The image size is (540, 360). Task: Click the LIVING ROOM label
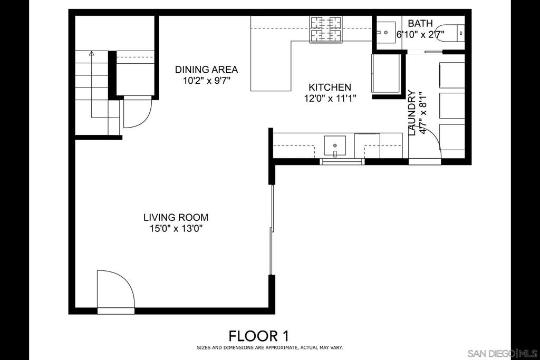pos(176,218)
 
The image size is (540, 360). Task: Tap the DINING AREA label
pos(206,70)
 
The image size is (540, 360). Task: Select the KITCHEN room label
pos(330,87)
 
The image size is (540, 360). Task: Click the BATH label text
pos(420,23)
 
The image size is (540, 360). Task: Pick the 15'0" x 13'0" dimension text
pos(176,229)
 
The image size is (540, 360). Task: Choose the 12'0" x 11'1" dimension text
pos(330,99)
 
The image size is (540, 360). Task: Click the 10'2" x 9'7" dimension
pos(206,81)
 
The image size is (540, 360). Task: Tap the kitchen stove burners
pos(326,30)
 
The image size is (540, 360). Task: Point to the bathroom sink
pos(385,32)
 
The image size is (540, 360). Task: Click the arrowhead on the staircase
pos(91,53)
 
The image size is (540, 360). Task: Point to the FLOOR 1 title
pos(258,336)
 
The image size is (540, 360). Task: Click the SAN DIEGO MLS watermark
pos(502,353)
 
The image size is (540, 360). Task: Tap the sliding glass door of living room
pos(272,230)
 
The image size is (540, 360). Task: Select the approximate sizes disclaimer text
pos(269,347)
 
